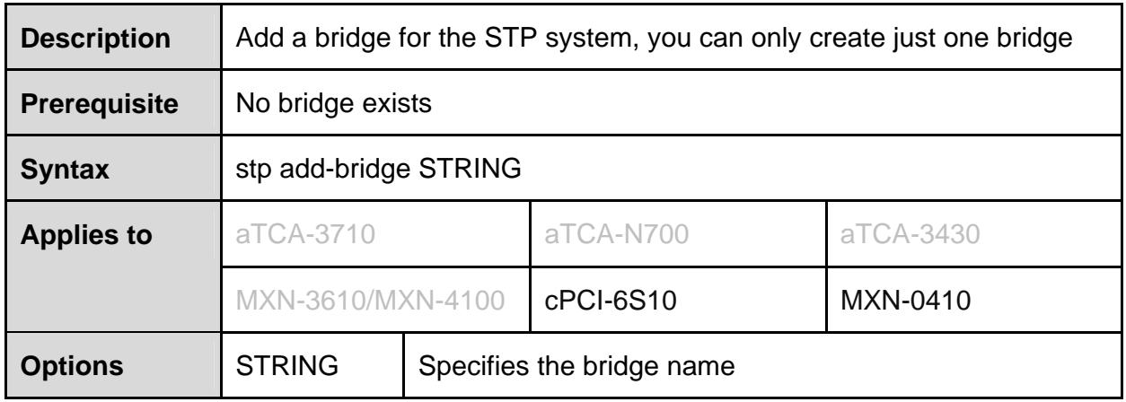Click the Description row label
point(95,39)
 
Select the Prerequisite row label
point(100,104)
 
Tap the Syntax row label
point(65,170)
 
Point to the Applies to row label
point(86,235)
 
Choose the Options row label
point(72,366)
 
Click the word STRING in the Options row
point(287,365)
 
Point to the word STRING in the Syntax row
point(470,169)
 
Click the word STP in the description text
point(510,38)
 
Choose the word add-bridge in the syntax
point(345,169)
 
